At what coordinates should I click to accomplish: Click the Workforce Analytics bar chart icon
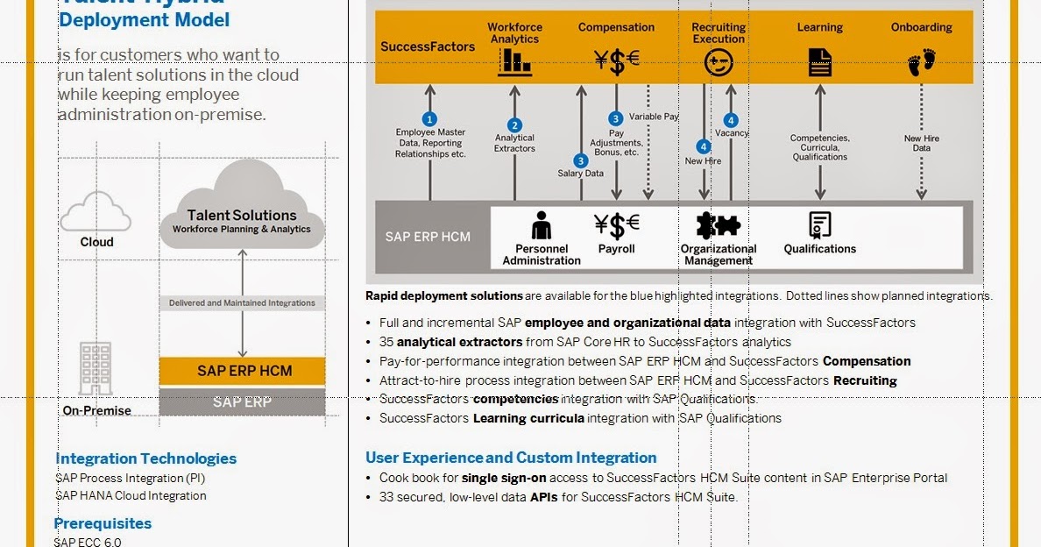click(514, 61)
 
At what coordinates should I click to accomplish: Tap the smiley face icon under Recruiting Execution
click(718, 62)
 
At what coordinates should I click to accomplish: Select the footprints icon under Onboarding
click(921, 62)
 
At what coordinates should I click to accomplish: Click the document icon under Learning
click(819, 62)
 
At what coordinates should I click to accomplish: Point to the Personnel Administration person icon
click(542, 225)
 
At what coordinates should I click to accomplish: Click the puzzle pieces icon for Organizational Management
click(718, 225)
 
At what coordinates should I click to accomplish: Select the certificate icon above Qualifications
click(819, 225)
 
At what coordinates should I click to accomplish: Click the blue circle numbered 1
click(429, 118)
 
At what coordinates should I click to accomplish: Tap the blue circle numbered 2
click(514, 125)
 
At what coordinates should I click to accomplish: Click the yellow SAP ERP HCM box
click(242, 370)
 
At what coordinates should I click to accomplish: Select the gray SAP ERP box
click(242, 402)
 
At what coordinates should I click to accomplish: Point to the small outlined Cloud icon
click(96, 212)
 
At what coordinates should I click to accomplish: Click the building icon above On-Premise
click(96, 368)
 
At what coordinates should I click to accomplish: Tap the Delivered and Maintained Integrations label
click(242, 302)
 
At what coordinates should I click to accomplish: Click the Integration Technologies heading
click(145, 458)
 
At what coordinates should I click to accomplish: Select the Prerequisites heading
click(103, 523)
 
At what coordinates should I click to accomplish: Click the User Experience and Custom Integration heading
click(510, 458)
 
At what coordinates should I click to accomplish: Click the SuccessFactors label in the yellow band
click(427, 46)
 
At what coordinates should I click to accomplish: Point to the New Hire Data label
click(921, 144)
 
